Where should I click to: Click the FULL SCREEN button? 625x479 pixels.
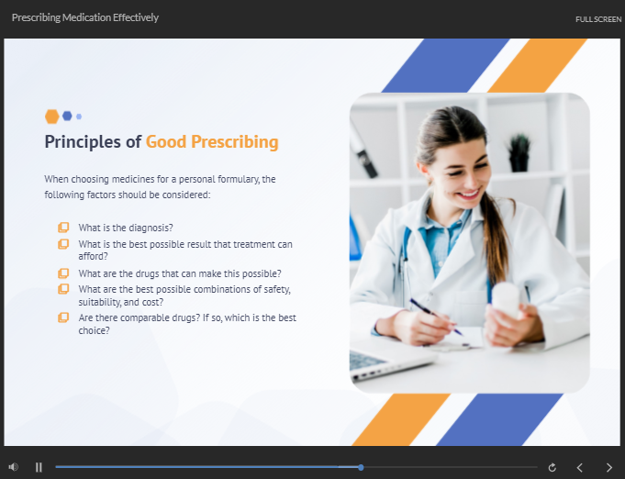pos(598,19)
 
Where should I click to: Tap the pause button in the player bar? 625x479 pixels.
pos(39,467)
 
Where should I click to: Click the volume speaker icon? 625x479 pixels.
pos(13,467)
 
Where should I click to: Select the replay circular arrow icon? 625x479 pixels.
pos(552,467)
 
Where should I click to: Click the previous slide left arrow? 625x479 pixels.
pos(579,467)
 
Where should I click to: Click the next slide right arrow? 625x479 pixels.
pos(608,467)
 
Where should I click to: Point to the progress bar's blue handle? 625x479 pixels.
pos(361,467)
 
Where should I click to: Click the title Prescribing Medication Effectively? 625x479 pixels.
pos(85,17)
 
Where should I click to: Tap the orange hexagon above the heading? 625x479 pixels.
pos(51,117)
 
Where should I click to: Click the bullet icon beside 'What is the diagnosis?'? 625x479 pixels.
pos(63,227)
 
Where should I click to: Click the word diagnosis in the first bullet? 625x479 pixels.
pos(150,228)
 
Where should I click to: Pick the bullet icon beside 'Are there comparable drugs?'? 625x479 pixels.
pos(63,317)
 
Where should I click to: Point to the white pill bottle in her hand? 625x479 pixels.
pos(505,300)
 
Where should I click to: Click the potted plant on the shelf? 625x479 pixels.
pos(519,151)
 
